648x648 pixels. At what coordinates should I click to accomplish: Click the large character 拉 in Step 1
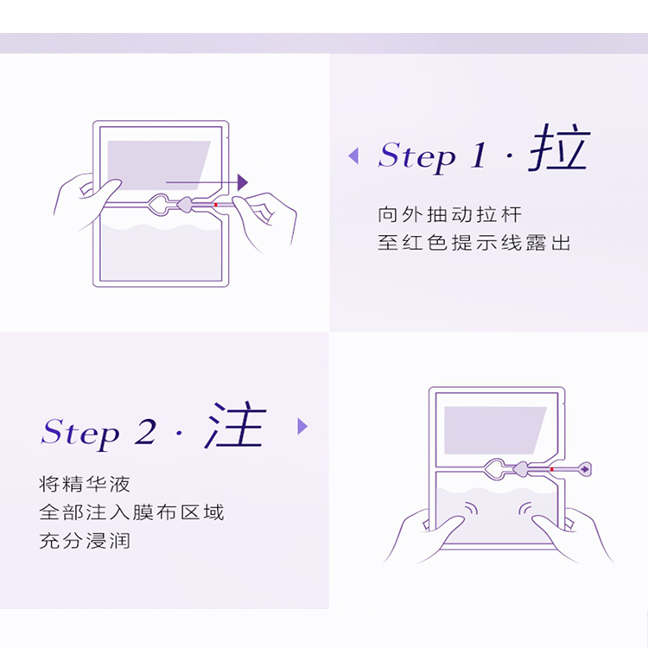[x=559, y=148]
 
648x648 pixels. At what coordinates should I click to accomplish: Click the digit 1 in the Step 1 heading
[x=479, y=155]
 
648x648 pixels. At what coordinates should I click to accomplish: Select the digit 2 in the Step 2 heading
[x=145, y=432]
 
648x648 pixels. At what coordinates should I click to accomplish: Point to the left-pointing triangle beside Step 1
[x=353, y=156]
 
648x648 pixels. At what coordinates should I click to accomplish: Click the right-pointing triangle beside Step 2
[x=302, y=426]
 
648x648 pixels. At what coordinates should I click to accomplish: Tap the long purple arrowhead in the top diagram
[x=243, y=182]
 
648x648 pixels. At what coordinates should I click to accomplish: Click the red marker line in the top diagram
[x=216, y=205]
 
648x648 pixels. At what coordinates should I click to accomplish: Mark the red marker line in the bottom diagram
[x=552, y=469]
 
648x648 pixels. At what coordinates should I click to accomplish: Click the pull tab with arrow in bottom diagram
[x=584, y=469]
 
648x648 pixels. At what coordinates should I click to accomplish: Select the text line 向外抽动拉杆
[x=449, y=214]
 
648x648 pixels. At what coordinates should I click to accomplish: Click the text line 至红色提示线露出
[x=474, y=243]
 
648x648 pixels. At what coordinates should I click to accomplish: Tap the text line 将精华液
[x=85, y=484]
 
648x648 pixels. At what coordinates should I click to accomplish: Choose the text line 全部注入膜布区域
[x=131, y=512]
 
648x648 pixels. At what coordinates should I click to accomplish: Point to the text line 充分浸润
[x=85, y=541]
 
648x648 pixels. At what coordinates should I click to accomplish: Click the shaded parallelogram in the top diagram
[x=159, y=165]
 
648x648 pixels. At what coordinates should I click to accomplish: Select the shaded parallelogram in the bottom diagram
[x=496, y=430]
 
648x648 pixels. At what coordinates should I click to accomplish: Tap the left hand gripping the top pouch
[x=85, y=200]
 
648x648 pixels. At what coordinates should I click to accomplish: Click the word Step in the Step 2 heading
[x=80, y=434]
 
